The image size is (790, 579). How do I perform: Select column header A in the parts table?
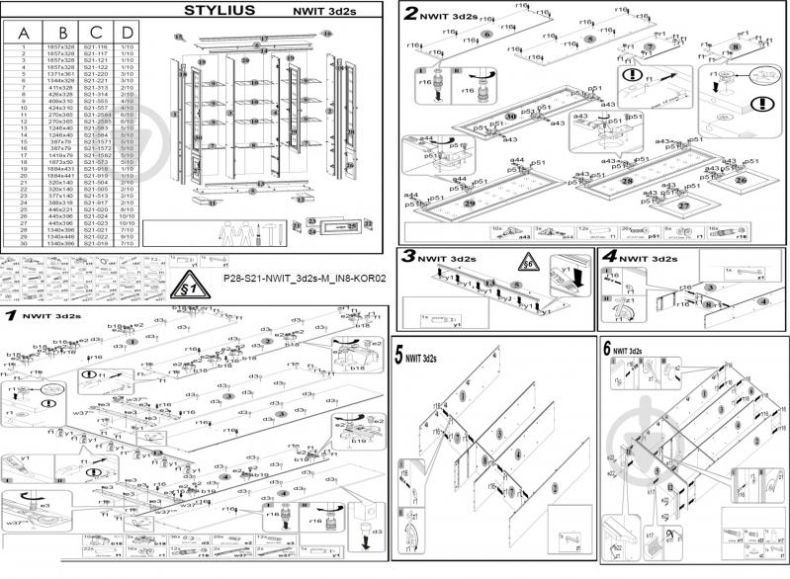point(24,33)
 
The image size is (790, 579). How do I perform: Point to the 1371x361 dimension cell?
point(60,74)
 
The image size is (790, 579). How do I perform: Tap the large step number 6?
point(605,349)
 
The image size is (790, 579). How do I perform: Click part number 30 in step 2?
point(509,116)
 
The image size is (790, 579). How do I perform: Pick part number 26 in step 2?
point(740,180)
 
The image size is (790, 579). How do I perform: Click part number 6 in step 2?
point(486,34)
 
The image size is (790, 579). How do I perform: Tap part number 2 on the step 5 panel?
point(555,486)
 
